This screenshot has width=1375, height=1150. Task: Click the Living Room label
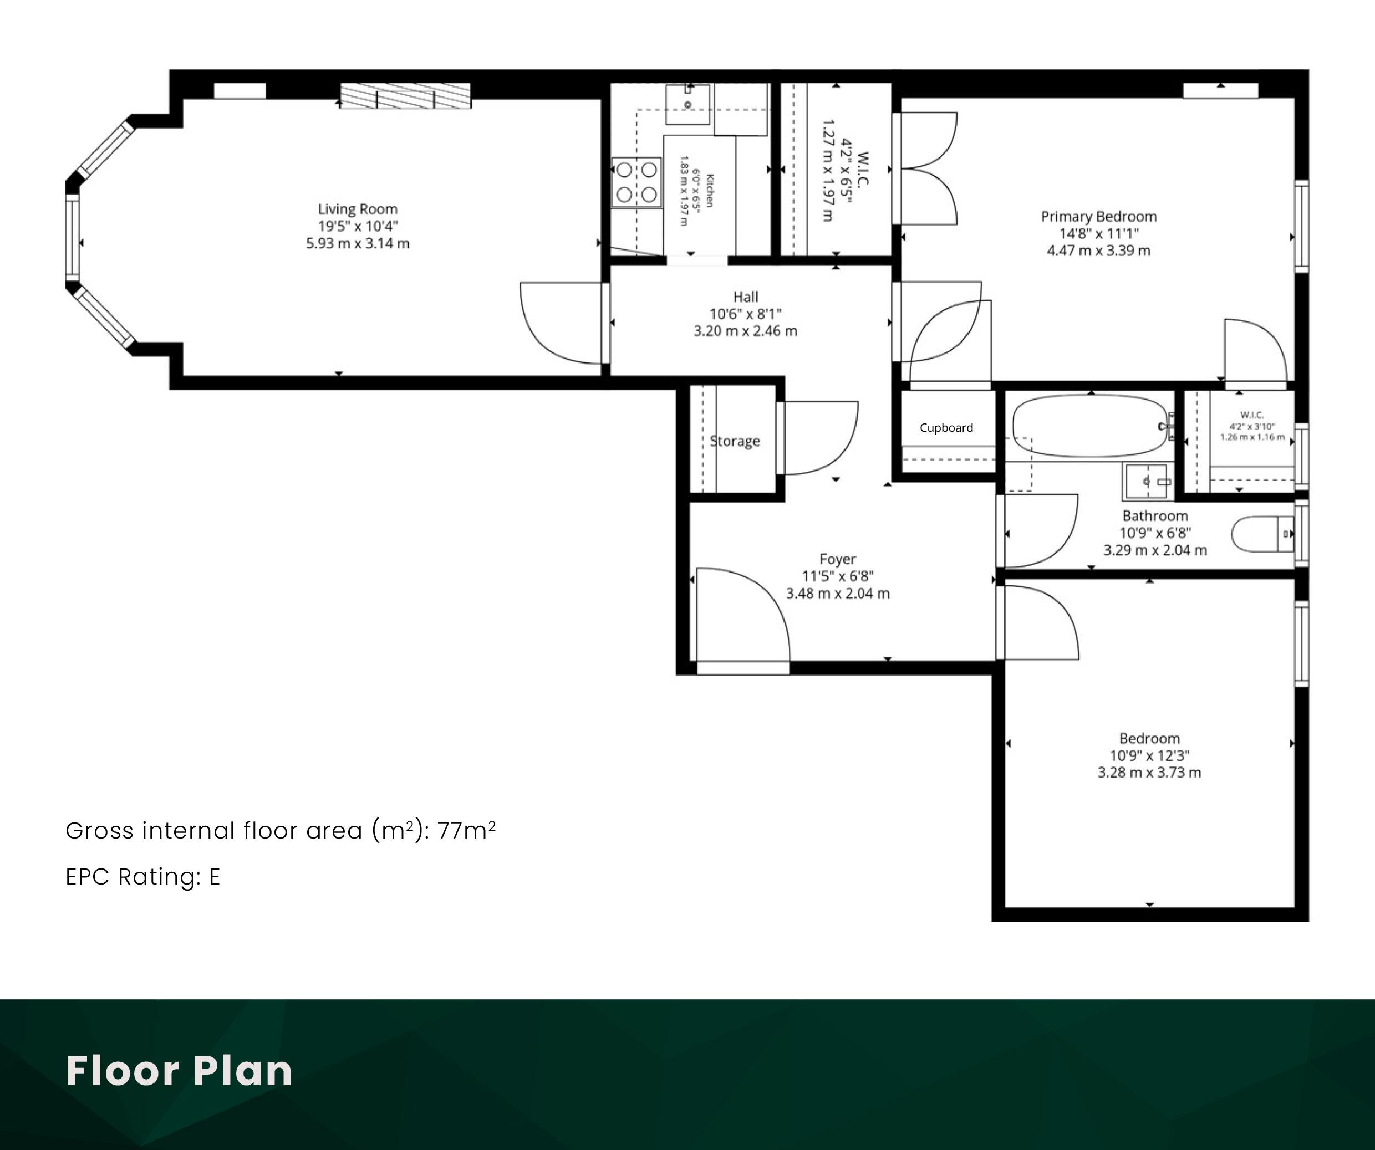click(x=358, y=209)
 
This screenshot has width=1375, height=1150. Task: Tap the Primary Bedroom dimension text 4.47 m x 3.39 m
click(x=1099, y=251)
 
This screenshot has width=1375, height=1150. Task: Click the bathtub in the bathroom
click(x=1089, y=426)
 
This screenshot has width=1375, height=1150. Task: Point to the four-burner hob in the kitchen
click(x=636, y=182)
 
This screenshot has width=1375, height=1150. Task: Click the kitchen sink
click(x=687, y=104)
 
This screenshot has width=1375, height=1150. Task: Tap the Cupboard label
click(x=946, y=427)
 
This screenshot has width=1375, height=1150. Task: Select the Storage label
click(x=735, y=441)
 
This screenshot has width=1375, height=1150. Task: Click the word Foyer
click(x=837, y=559)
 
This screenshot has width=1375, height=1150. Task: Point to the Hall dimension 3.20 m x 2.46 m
click(x=746, y=331)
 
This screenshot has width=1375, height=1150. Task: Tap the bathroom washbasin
click(x=1147, y=481)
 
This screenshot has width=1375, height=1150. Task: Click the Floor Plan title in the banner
click(x=180, y=1071)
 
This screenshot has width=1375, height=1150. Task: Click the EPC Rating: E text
click(x=142, y=876)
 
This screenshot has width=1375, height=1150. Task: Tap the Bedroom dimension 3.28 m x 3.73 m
click(x=1150, y=773)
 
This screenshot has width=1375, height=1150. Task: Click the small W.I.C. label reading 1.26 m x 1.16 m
click(x=1252, y=437)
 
